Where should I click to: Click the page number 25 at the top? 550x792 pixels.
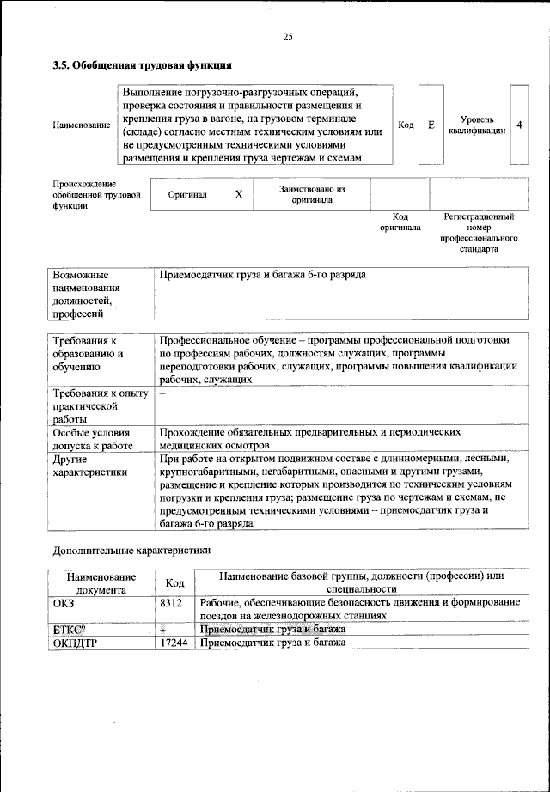click(288, 36)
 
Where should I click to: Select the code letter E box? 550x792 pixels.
click(431, 125)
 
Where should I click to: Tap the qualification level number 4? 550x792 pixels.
click(520, 125)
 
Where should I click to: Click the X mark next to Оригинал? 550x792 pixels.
click(239, 195)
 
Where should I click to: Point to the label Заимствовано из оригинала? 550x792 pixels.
click(311, 194)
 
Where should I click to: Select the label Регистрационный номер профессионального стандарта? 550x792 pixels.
click(479, 233)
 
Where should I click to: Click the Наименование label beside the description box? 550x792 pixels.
click(82, 126)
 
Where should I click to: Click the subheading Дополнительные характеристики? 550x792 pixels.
click(131, 549)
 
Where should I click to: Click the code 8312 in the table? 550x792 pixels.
click(171, 604)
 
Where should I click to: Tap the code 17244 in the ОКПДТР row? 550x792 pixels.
click(174, 642)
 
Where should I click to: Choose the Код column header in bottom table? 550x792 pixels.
click(174, 582)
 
